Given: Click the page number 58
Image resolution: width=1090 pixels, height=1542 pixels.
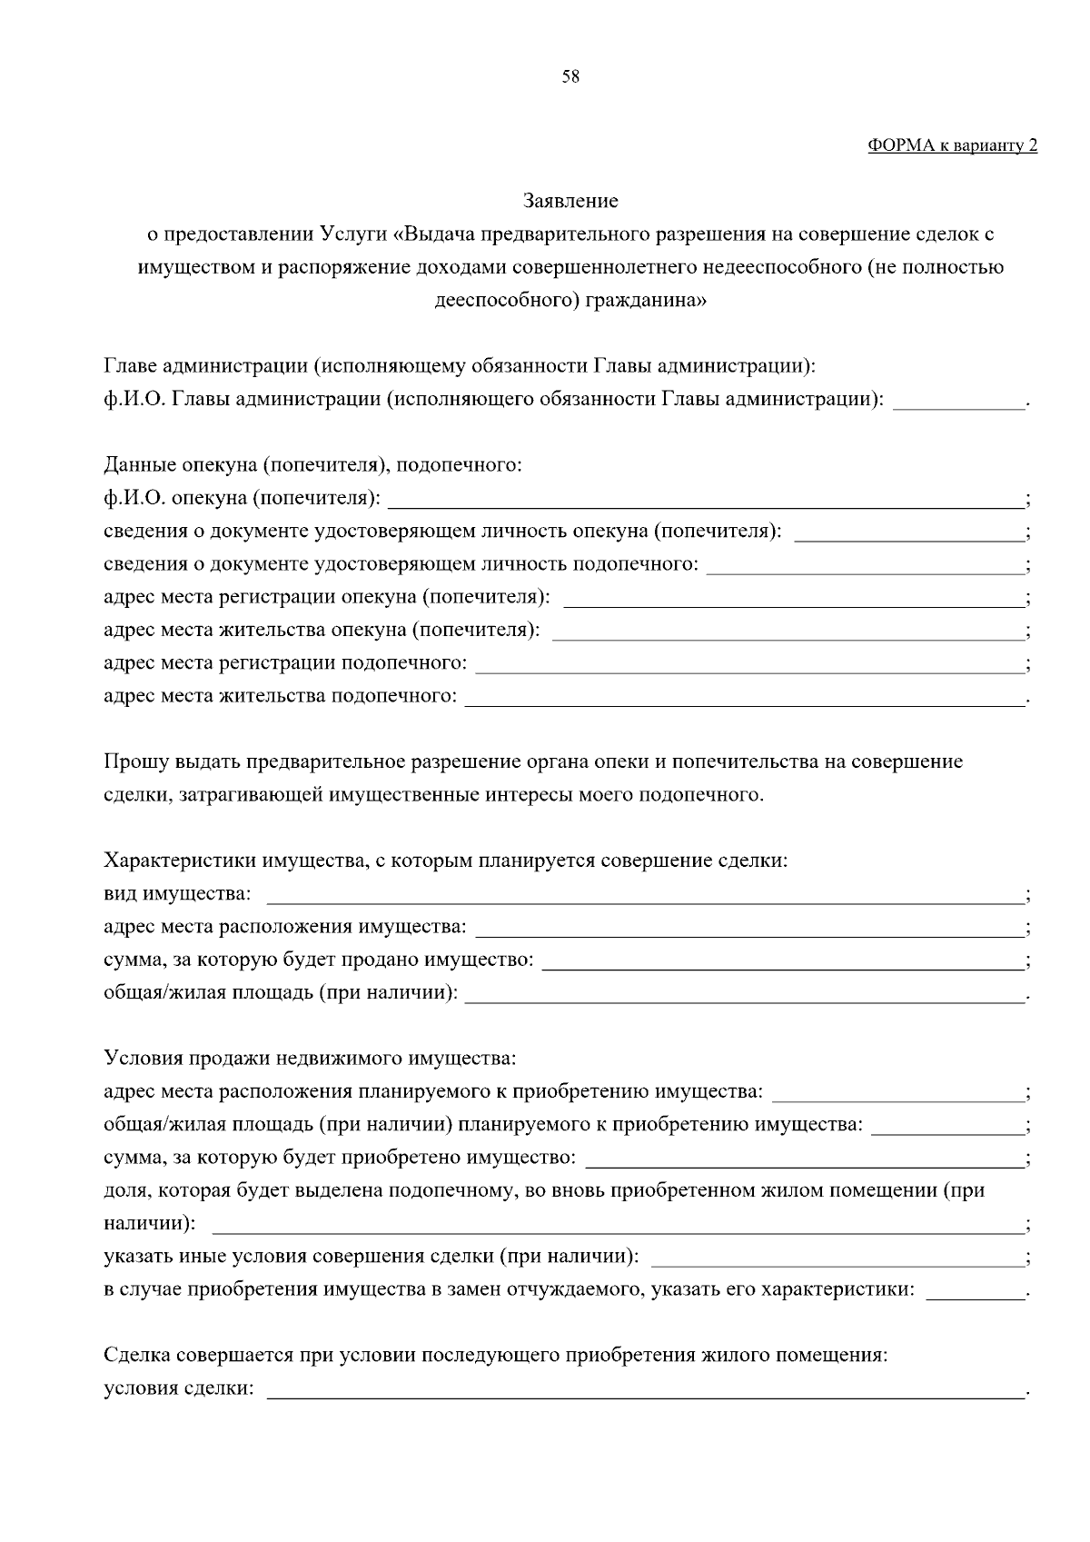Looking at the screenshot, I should pos(570,77).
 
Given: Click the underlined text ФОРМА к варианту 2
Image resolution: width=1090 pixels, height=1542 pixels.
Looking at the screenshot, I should pos(952,145).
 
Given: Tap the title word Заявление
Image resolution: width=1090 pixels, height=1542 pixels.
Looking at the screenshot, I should pos(570,201).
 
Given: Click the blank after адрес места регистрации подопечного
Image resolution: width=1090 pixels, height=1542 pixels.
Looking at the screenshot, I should pos(749,664).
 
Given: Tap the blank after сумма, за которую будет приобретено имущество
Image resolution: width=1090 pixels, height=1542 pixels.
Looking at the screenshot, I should pos(805,1159).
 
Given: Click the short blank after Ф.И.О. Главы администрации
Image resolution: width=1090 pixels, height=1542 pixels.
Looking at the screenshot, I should pos(958,401).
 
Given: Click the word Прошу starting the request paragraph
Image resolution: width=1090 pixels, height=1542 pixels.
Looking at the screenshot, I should pos(132,761).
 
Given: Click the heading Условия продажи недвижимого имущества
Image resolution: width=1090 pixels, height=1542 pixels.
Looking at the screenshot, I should pos(310,1059).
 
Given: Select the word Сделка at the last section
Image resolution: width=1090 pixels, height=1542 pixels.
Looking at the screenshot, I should pos(137,1356).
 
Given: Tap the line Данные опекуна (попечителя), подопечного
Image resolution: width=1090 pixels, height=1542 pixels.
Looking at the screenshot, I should pos(312,466).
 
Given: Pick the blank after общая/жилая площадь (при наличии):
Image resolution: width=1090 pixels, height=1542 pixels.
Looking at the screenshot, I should pos(744,994).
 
